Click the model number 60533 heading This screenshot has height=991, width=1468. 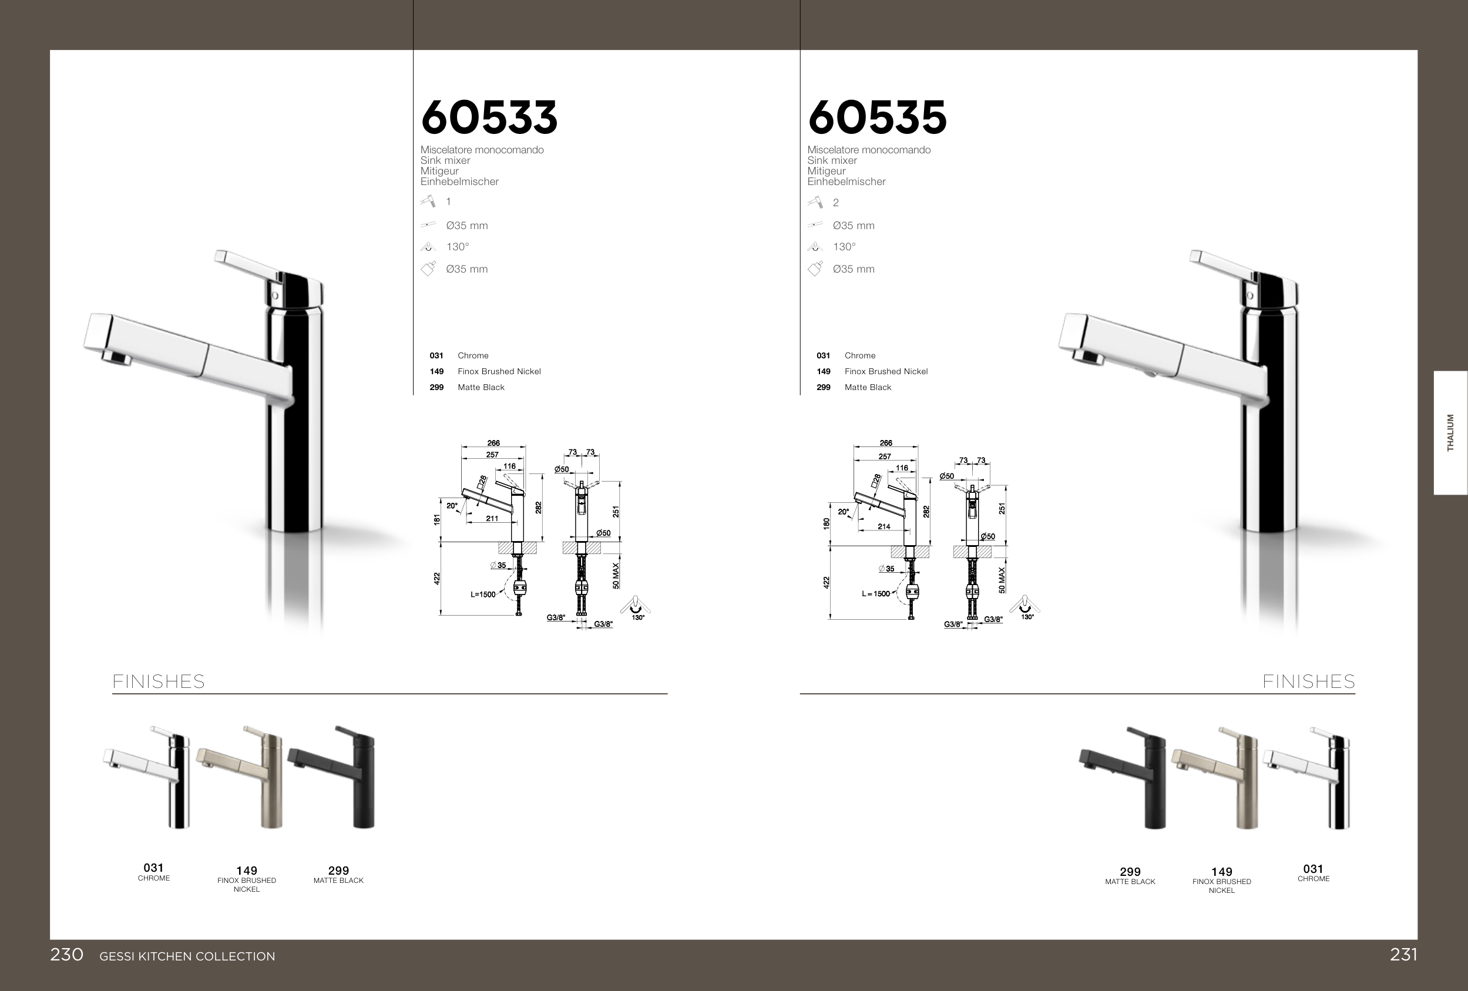(489, 117)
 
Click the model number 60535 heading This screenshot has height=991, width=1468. (877, 117)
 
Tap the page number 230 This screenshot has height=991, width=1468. (66, 955)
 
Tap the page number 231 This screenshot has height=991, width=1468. (1403, 955)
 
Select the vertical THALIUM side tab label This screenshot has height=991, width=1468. (1450, 433)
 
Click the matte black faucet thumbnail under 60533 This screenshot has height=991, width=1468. (332, 777)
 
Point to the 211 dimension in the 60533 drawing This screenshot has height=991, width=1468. (492, 519)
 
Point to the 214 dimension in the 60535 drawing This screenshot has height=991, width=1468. (884, 526)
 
